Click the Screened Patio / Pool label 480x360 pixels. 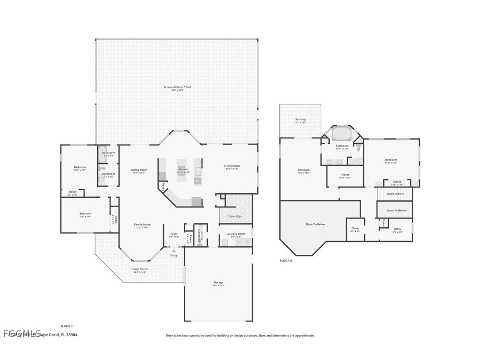click(x=177, y=87)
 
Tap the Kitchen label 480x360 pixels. click(x=183, y=169)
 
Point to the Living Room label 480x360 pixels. click(x=232, y=166)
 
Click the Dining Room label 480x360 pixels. click(x=139, y=170)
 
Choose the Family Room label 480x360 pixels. click(x=142, y=225)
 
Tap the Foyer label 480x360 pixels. click(x=174, y=234)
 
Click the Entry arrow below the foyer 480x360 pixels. click(x=174, y=251)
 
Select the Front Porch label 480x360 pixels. click(x=141, y=269)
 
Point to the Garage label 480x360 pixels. click(x=218, y=282)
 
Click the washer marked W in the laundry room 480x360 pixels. click(x=247, y=242)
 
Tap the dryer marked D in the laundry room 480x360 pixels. click(x=240, y=242)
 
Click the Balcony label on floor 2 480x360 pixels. click(x=300, y=119)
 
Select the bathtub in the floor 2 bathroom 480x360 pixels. click(x=341, y=133)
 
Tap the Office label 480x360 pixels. click(x=397, y=229)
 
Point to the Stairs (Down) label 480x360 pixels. click(x=395, y=194)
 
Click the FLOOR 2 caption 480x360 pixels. click(x=286, y=261)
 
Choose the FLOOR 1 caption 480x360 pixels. click(x=66, y=326)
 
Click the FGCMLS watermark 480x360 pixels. click(x=22, y=333)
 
